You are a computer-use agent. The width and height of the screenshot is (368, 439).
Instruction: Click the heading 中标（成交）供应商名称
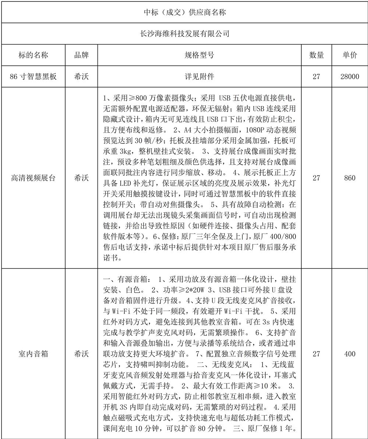[x=184, y=12]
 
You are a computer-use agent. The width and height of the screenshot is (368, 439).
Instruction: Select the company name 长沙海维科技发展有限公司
[x=184, y=34]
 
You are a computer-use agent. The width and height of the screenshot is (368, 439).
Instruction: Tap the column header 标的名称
[x=33, y=55]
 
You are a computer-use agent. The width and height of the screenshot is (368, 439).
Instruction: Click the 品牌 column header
[x=81, y=55]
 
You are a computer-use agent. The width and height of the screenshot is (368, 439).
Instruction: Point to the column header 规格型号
[x=199, y=55]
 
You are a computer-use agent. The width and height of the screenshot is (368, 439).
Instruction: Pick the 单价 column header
[x=349, y=55]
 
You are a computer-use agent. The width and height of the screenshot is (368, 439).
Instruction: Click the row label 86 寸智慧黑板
[x=33, y=77]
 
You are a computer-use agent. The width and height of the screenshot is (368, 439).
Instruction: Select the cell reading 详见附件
[x=199, y=77]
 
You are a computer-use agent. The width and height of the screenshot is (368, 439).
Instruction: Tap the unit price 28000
[x=349, y=77]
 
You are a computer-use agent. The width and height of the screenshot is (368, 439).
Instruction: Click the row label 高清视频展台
[x=33, y=178]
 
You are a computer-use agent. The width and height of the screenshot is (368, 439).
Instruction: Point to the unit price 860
[x=349, y=178]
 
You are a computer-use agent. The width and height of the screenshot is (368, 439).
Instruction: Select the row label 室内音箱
[x=33, y=354]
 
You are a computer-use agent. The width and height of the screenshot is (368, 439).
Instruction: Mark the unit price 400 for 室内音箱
[x=349, y=354]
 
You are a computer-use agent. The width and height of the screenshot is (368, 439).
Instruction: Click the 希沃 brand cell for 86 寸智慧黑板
[x=81, y=77]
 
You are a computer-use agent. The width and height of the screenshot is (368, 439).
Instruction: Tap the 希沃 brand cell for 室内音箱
[x=81, y=354]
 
